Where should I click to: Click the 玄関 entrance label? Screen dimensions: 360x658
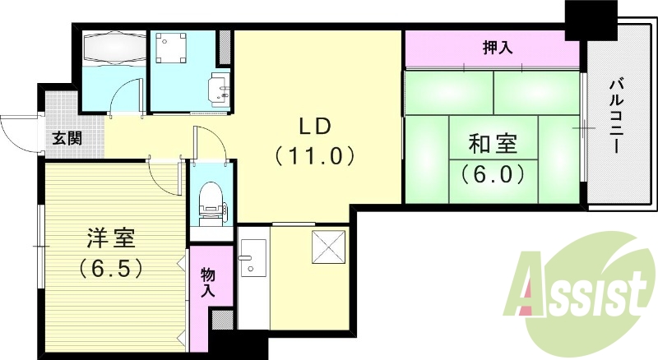pyautogui.click(x=67, y=138)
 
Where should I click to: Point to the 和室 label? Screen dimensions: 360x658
pyautogui.click(x=493, y=145)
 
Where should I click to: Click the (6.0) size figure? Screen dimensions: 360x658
pyautogui.click(x=493, y=173)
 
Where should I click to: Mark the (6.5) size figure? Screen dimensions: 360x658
pyautogui.click(x=112, y=267)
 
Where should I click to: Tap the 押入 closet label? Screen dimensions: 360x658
pyautogui.click(x=497, y=48)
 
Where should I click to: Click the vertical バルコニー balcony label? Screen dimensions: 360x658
pyautogui.click(x=615, y=115)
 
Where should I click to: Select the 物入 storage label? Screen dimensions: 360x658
pyautogui.click(x=207, y=281)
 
